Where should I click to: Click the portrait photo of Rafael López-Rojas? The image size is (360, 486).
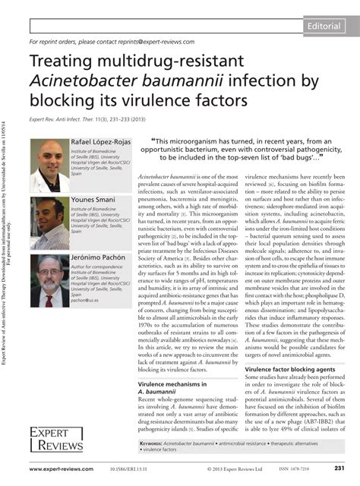[49, 165]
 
